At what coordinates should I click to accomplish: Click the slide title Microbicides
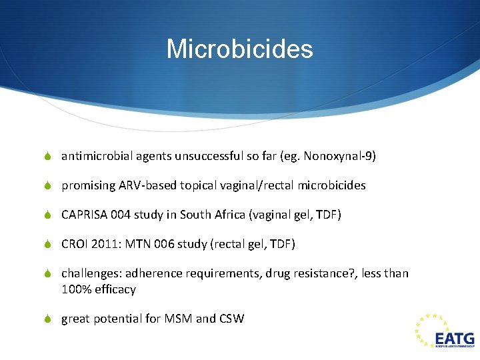[239, 49]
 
